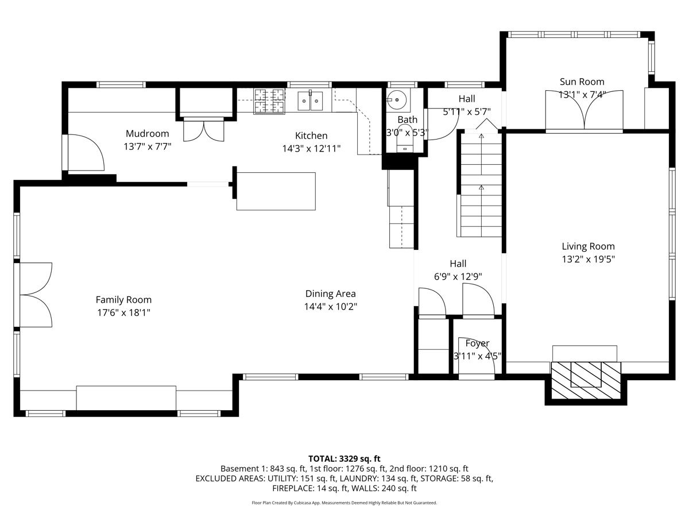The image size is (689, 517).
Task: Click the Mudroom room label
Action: (147, 133)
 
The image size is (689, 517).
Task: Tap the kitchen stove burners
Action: (270, 101)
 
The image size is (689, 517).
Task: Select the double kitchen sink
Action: (310, 101)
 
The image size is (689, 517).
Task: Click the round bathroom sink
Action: (397, 100)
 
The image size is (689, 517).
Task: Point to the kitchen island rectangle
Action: (276, 191)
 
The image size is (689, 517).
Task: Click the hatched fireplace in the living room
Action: (586, 380)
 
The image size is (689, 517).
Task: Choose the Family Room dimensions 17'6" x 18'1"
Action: (123, 312)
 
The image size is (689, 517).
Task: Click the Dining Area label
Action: (331, 294)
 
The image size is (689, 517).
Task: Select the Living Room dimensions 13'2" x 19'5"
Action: (589, 259)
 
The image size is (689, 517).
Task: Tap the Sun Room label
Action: (582, 82)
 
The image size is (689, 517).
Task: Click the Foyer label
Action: (477, 343)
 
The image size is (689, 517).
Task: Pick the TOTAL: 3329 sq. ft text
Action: (344, 459)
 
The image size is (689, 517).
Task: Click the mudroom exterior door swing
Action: (86, 153)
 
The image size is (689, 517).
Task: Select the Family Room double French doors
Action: (36, 295)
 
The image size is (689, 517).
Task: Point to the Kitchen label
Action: (311, 136)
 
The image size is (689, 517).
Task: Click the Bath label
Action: (408, 119)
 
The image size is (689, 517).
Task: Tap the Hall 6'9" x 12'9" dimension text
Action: (458, 276)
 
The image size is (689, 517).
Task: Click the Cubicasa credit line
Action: (344, 503)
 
